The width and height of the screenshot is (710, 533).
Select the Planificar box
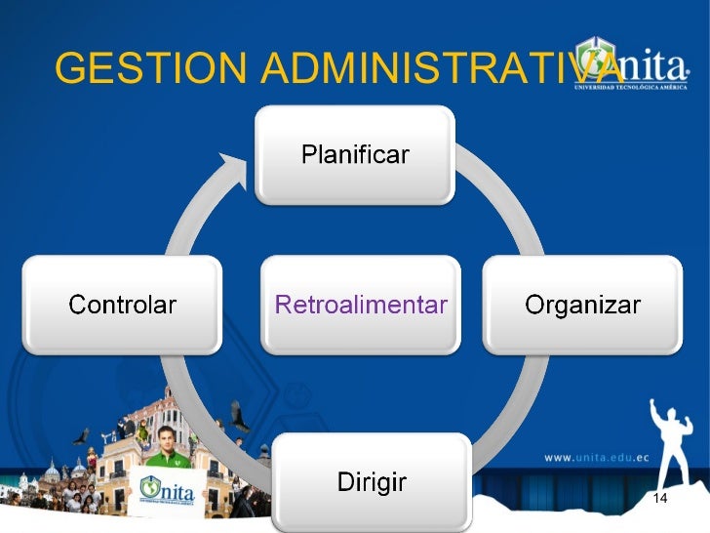click(x=354, y=154)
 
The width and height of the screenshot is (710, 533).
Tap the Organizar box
click(x=582, y=305)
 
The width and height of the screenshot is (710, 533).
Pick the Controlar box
click(x=122, y=305)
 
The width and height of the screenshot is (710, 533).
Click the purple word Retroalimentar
click(x=361, y=305)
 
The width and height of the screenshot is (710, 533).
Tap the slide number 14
click(x=659, y=500)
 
